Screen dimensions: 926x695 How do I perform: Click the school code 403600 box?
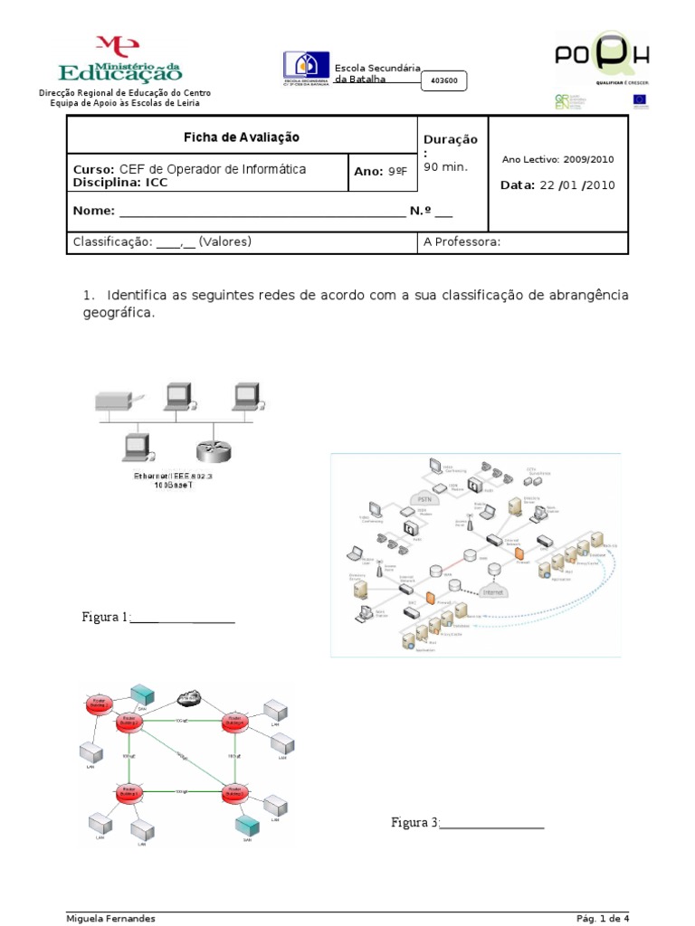click(443, 80)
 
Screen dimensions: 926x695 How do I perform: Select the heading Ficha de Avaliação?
click(242, 137)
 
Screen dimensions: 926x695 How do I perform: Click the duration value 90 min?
click(446, 168)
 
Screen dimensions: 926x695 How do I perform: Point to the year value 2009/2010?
click(588, 159)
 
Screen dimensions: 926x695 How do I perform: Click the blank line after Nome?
click(262, 214)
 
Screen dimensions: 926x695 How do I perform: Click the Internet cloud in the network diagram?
click(491, 592)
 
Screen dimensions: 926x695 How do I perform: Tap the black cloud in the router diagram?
click(189, 697)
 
